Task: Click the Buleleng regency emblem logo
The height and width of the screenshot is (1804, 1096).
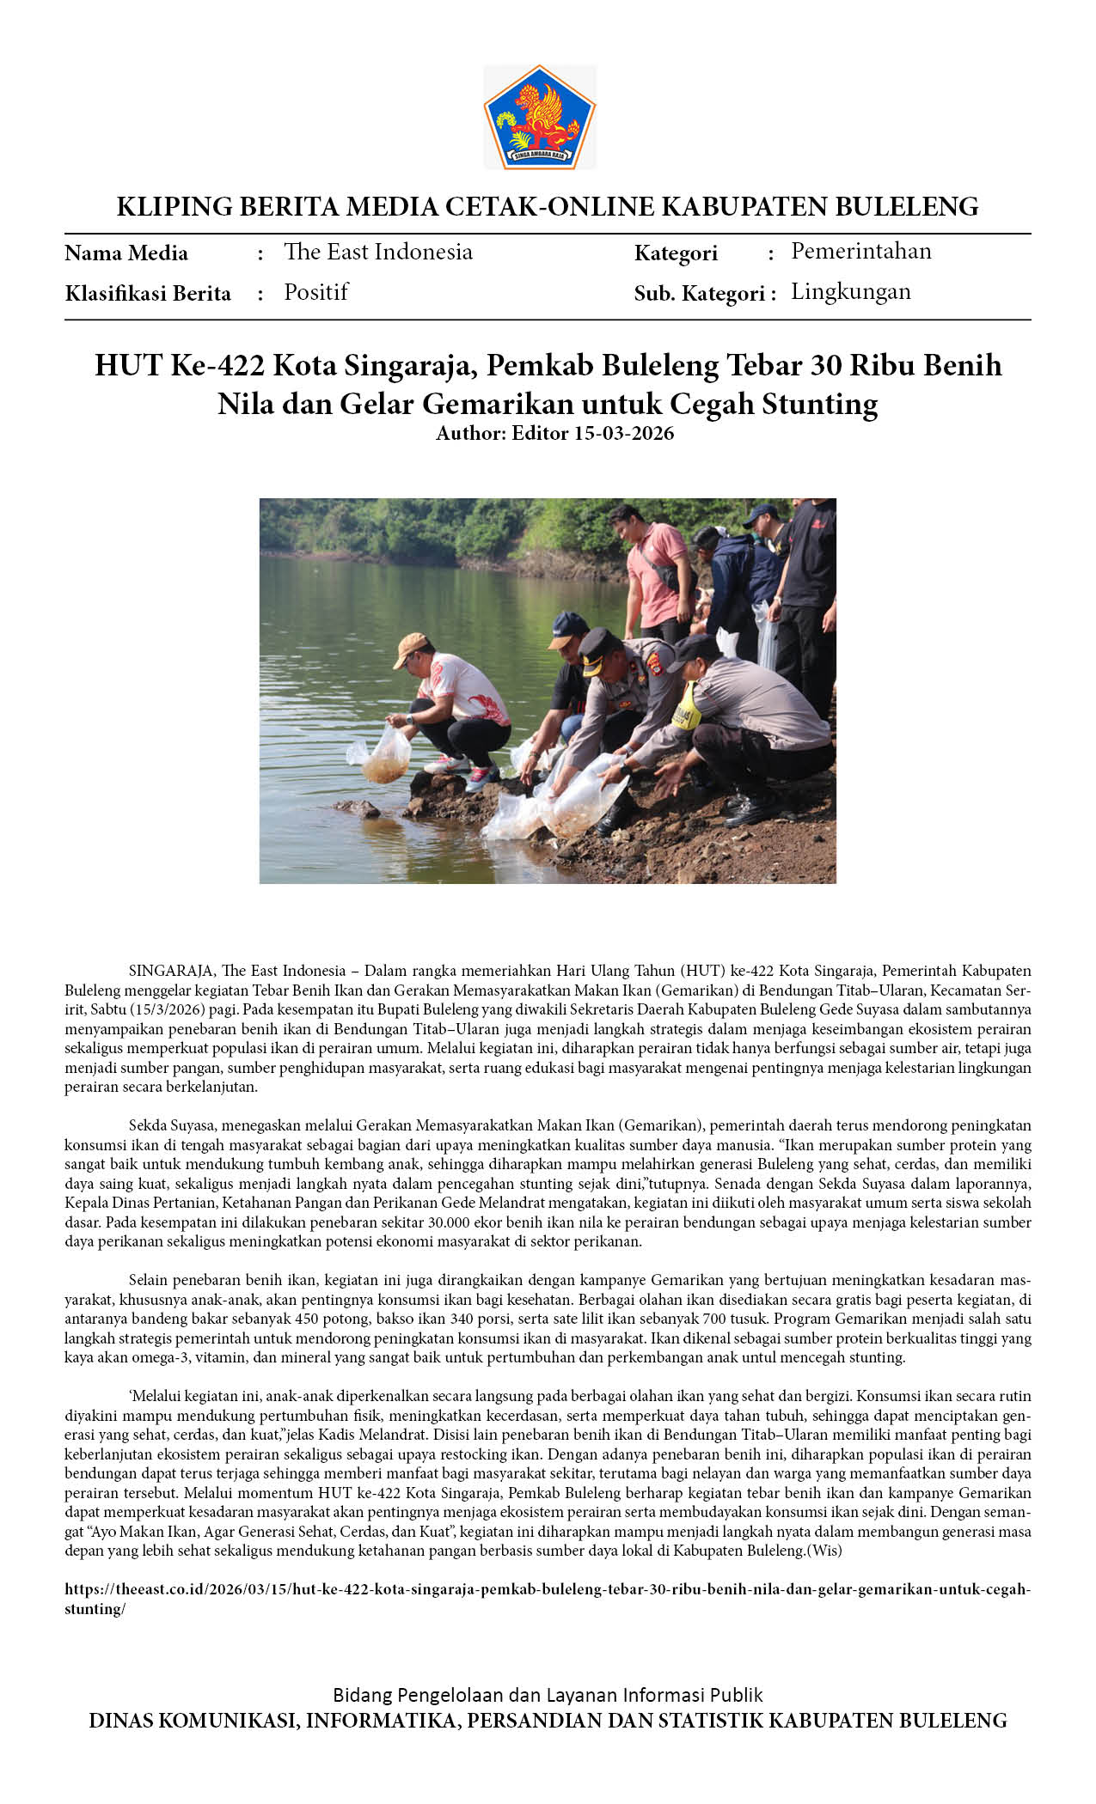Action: coord(539,117)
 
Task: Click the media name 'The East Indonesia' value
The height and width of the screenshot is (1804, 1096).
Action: coord(377,252)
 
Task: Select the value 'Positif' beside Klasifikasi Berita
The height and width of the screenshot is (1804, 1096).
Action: coord(315,292)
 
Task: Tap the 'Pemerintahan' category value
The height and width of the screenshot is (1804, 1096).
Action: coord(860,251)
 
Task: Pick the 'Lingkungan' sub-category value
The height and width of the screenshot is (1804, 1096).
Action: coord(850,291)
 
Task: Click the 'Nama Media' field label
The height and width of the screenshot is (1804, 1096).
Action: coord(126,253)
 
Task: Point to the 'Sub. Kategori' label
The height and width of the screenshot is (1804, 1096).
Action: coord(699,294)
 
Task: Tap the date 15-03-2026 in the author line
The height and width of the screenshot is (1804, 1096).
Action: coord(623,433)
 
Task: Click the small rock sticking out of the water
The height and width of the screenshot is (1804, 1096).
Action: coord(358,808)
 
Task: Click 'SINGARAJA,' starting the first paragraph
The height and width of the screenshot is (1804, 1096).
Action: coord(170,971)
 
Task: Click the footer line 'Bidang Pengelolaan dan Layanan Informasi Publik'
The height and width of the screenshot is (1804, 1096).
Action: coord(548,1695)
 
